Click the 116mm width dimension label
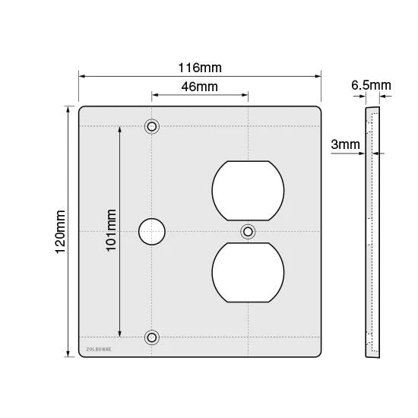point(200,68)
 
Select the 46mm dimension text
point(200,87)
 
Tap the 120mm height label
point(60,232)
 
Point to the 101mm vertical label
point(112,230)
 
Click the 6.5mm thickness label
point(371,85)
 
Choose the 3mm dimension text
point(346,144)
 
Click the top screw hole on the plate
point(152,126)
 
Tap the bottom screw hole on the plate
point(152,337)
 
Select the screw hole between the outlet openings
point(248,232)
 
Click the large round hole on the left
point(152,232)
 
